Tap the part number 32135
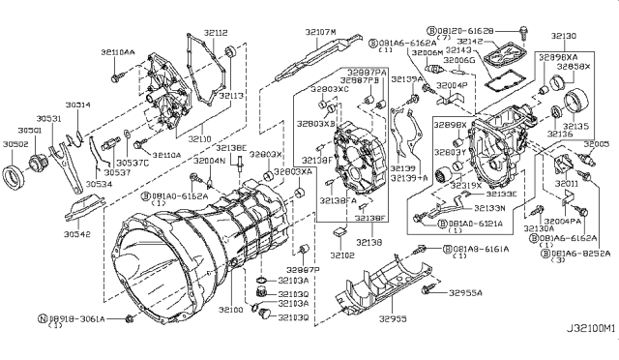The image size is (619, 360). (577, 126)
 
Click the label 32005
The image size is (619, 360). (595, 143)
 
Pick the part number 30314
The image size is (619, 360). (78, 104)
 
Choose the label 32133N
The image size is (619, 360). (491, 207)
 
